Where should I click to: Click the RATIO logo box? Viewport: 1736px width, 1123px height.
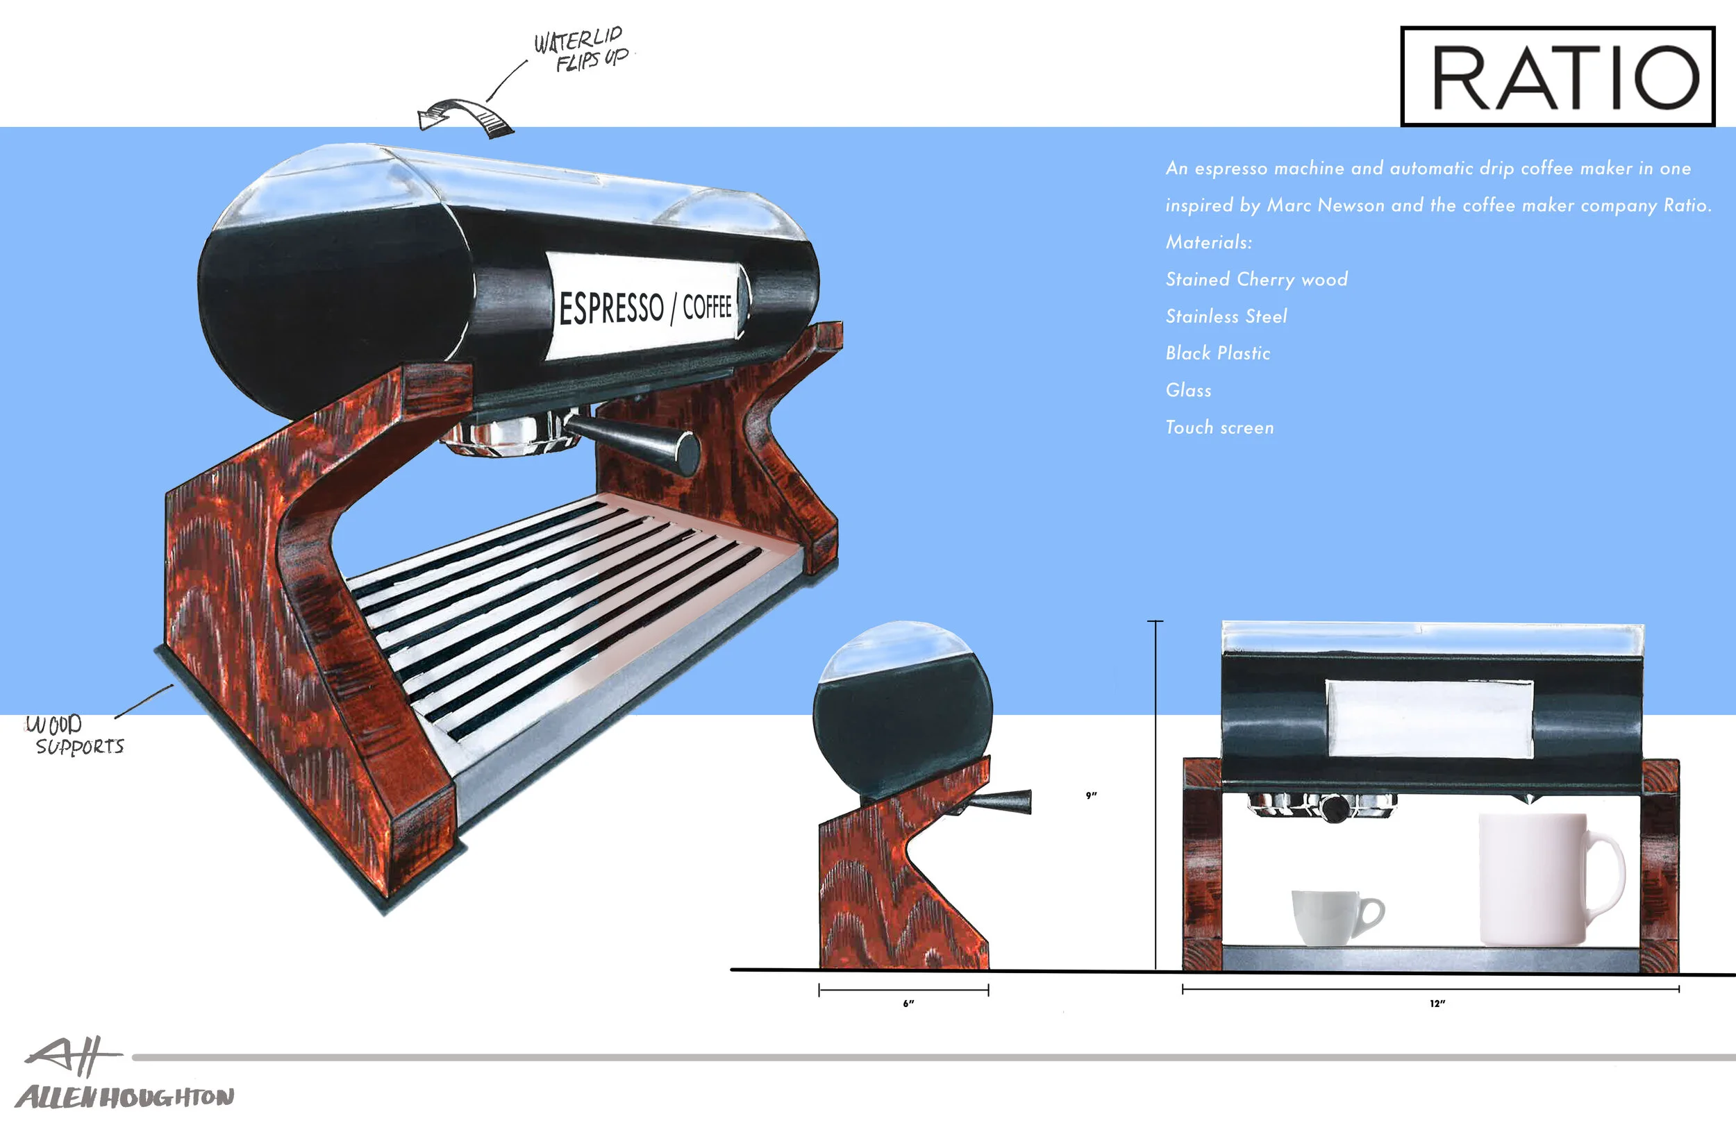pos(1558,76)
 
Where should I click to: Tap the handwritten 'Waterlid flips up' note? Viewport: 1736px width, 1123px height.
pos(581,49)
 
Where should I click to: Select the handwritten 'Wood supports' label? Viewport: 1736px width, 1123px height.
pos(75,735)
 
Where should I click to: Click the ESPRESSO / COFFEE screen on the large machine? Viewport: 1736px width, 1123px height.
pos(645,306)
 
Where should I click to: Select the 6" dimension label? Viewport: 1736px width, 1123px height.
pos(908,1004)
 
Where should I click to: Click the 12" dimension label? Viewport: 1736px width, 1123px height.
pos(1437,1004)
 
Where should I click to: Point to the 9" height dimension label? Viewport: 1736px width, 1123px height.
pos(1091,795)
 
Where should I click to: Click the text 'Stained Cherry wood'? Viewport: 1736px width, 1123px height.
pos(1256,279)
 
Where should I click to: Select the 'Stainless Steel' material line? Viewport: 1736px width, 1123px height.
pos(1226,316)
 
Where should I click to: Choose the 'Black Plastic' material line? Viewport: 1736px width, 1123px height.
pos(1217,354)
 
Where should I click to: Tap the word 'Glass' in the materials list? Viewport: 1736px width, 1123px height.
pos(1188,390)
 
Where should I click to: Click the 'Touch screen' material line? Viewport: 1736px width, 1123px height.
pos(1219,428)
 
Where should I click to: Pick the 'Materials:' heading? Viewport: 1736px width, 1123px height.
pos(1208,242)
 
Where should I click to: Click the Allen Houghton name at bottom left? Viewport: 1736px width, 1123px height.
pos(124,1097)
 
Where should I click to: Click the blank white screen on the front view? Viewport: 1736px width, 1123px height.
pos(1430,719)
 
